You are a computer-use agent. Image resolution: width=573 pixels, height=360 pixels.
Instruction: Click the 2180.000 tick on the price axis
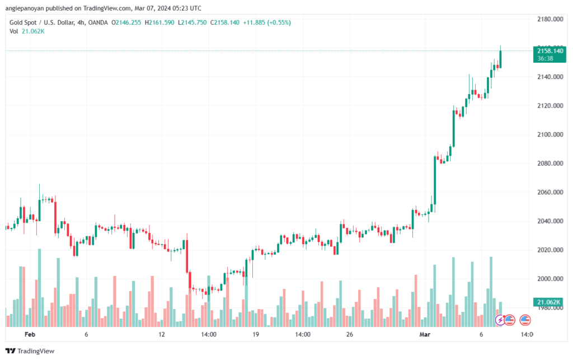[x=550, y=19]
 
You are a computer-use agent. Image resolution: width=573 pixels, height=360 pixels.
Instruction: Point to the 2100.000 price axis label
[x=550, y=134]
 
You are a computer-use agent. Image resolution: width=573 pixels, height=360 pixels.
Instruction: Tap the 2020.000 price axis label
[x=550, y=250]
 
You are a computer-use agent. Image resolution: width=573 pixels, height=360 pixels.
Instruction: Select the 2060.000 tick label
[x=550, y=192]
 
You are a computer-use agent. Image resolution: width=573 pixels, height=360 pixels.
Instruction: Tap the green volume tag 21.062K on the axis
[x=548, y=302]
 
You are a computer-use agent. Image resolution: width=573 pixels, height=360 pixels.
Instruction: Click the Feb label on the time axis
[x=30, y=334]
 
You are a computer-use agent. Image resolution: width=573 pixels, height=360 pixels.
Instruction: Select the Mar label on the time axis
[x=425, y=334]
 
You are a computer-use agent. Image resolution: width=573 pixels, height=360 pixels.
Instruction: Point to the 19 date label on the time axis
[x=255, y=334]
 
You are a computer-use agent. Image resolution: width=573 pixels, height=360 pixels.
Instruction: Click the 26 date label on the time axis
[x=350, y=334]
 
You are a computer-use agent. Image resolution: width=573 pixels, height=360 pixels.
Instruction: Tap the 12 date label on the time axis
[x=162, y=334]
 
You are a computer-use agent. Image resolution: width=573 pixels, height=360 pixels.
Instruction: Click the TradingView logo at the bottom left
[x=30, y=351]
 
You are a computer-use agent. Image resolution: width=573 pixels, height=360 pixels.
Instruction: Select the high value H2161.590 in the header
[x=159, y=22]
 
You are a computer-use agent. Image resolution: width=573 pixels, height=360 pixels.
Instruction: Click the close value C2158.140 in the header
[x=225, y=22]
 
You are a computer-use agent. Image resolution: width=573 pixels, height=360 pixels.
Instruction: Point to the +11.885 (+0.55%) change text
[x=267, y=22]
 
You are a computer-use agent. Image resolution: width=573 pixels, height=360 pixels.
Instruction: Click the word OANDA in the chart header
[x=98, y=22]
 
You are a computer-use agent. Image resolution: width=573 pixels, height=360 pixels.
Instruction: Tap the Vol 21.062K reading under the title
[x=27, y=31]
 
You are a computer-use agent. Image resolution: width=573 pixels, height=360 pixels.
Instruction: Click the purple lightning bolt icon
[x=500, y=320]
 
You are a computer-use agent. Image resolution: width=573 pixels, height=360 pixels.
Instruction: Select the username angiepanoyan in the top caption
[x=25, y=8]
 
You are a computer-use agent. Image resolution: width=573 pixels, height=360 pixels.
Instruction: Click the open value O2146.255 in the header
[x=126, y=22]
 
